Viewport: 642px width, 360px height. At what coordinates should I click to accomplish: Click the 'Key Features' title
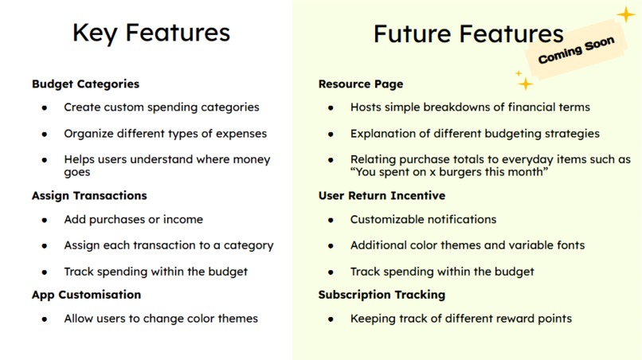pyautogui.click(x=151, y=33)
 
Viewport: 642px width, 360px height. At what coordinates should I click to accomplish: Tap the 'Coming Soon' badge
pyautogui.click(x=575, y=52)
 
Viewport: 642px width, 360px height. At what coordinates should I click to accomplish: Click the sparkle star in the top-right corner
pyautogui.click(x=626, y=14)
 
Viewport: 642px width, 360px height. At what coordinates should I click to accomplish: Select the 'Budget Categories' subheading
pyautogui.click(x=85, y=84)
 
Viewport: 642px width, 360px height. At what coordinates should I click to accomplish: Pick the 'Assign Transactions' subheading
pyautogui.click(x=89, y=195)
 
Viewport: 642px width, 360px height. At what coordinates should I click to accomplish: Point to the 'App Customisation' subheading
pyautogui.click(x=86, y=295)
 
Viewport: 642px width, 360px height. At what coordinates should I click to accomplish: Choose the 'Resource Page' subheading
pyautogui.click(x=360, y=84)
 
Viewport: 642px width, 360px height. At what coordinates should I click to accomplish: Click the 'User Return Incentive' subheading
pyautogui.click(x=382, y=195)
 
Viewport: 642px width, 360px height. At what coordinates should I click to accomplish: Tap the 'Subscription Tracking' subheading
pyautogui.click(x=382, y=295)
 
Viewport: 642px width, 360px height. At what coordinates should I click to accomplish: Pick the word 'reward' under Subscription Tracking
pyautogui.click(x=499, y=319)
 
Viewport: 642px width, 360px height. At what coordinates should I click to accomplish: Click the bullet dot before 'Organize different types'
pyautogui.click(x=45, y=134)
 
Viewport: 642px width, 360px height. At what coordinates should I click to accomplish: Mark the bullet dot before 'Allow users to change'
pyautogui.click(x=45, y=319)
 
